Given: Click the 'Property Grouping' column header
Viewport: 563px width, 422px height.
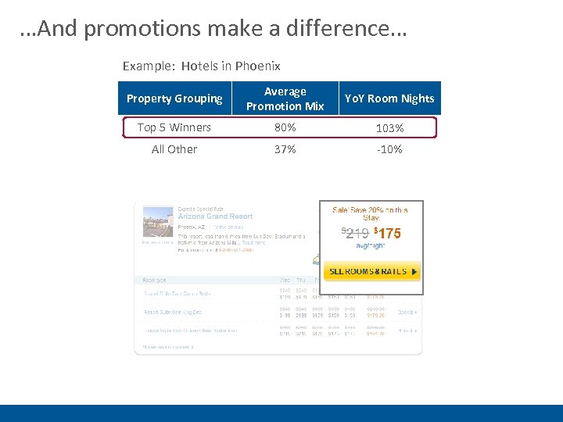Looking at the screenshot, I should point(174,98).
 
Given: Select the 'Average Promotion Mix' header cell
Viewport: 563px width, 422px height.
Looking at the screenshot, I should point(285,98).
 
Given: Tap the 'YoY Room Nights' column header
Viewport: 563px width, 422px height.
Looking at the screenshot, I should point(389,98).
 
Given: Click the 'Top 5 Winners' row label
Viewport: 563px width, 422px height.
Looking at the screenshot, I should point(174,127).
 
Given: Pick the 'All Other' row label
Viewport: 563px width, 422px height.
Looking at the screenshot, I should point(174,149).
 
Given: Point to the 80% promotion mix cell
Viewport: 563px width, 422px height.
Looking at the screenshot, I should point(285,127).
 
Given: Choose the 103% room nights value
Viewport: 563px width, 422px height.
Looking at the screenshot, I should point(389,128).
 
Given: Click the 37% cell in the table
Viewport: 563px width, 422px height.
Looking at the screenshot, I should point(285,149).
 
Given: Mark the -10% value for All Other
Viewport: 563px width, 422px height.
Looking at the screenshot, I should point(389,149).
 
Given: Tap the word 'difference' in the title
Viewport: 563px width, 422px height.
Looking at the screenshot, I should point(345,30).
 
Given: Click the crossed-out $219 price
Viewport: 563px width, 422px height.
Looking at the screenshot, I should point(356,233).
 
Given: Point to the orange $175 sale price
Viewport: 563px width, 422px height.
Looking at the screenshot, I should point(388,233).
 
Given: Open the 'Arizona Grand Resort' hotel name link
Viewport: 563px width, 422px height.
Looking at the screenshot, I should point(215,216).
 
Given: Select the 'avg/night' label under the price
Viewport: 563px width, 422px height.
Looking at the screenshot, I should point(371,245).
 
